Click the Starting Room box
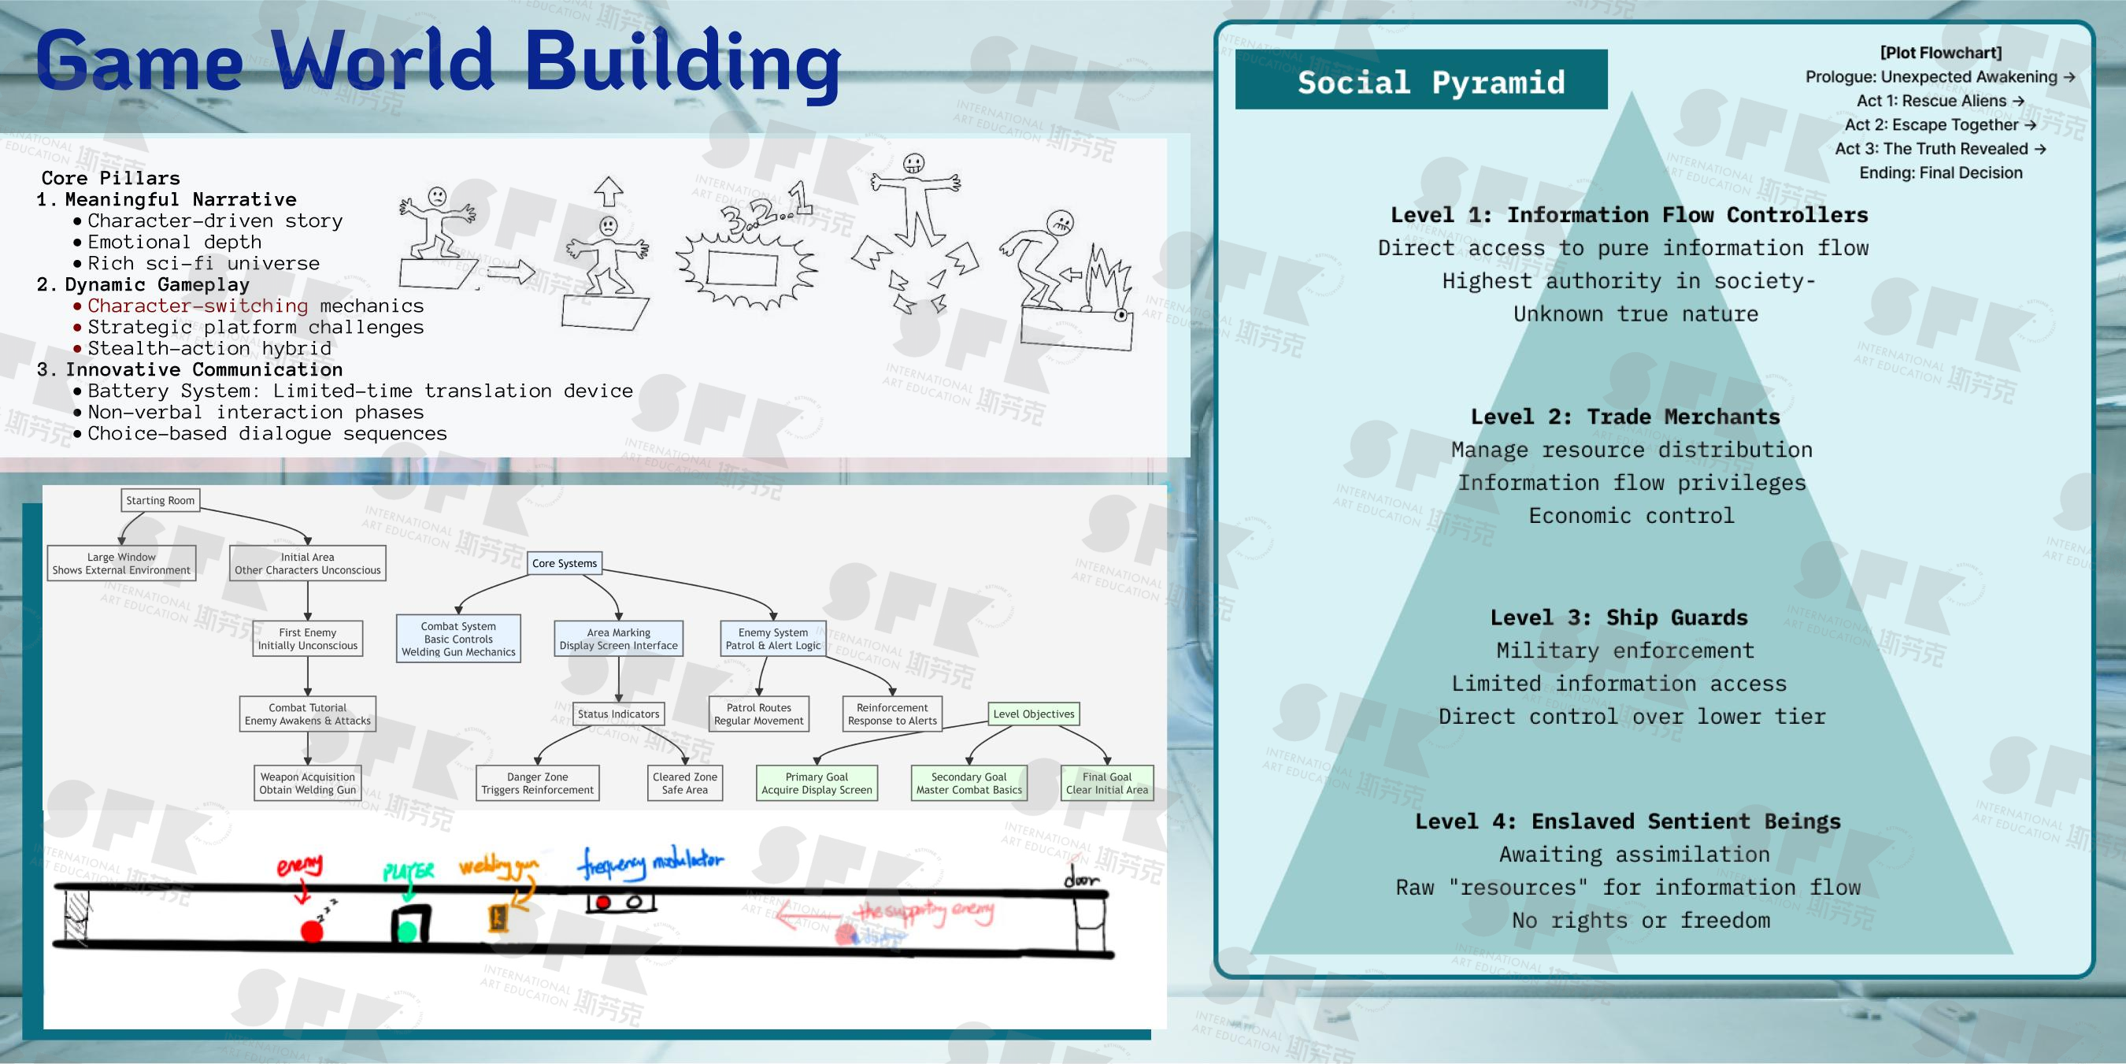(160, 500)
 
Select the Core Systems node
(565, 563)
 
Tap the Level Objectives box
(1033, 714)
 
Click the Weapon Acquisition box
(308, 784)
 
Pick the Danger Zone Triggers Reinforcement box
(537, 784)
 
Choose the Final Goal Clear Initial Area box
(1107, 784)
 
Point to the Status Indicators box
(618, 714)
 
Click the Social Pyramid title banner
(1421, 81)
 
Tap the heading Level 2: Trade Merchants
(1625, 417)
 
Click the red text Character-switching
(198, 306)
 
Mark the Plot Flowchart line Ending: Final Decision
(1940, 172)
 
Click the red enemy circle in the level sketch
(311, 931)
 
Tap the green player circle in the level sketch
(408, 932)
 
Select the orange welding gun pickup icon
(498, 918)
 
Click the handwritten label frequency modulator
(650, 862)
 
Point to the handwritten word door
(1081, 878)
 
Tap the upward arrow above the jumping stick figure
(608, 191)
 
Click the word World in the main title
(383, 62)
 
